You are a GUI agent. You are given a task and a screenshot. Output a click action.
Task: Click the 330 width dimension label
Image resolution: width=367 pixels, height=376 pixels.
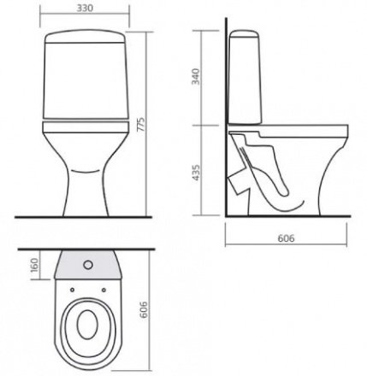point(85,8)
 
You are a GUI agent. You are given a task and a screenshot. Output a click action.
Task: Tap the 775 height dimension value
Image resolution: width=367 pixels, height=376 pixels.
point(141,124)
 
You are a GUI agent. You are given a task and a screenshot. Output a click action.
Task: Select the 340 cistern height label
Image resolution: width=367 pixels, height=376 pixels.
point(196,76)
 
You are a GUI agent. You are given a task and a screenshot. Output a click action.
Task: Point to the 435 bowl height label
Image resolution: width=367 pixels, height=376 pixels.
point(196,173)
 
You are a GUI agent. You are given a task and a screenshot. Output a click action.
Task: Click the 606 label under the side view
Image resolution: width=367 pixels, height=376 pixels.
point(286,238)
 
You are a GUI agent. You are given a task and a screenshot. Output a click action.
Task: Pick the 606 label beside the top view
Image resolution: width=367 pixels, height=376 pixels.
point(144,309)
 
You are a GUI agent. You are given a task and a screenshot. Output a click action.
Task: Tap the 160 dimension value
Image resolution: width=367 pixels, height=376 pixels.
point(34,265)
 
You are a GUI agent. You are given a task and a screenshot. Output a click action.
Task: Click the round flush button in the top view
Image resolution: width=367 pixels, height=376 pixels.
point(88,265)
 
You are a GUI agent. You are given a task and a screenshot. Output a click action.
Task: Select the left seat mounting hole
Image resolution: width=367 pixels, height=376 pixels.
point(72,290)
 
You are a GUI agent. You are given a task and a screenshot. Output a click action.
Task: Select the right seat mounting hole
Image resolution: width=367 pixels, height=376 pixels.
point(104,290)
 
